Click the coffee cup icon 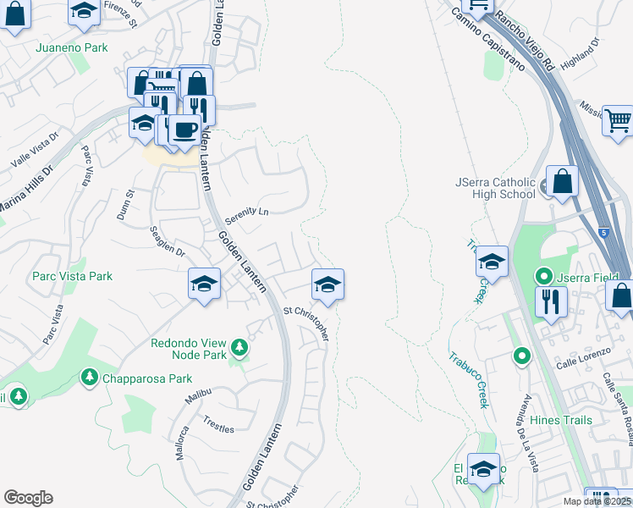184,130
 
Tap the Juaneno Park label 72,47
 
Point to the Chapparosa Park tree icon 88,375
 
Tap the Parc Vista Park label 72,276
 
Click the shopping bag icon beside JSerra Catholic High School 562,180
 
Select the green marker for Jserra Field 543,276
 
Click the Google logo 28,498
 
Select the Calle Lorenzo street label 584,364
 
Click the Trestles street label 218,423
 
